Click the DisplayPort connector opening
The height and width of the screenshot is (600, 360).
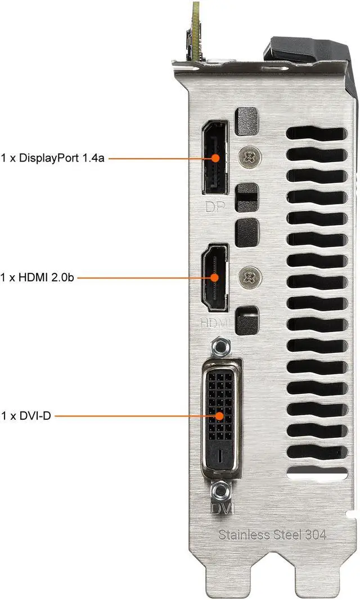pyautogui.click(x=214, y=158)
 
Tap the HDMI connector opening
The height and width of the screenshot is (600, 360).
pyautogui.click(x=214, y=277)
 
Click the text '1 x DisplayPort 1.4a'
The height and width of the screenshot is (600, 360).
pyautogui.click(x=53, y=158)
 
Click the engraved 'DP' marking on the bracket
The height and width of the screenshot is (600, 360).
pyautogui.click(x=214, y=207)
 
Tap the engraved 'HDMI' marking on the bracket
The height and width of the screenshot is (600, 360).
pyautogui.click(x=214, y=323)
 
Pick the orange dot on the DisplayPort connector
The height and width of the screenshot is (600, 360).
pyautogui.click(x=215, y=158)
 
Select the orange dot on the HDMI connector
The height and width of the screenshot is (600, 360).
pyautogui.click(x=214, y=277)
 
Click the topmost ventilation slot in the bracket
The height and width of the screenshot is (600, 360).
pyautogui.click(x=316, y=135)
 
